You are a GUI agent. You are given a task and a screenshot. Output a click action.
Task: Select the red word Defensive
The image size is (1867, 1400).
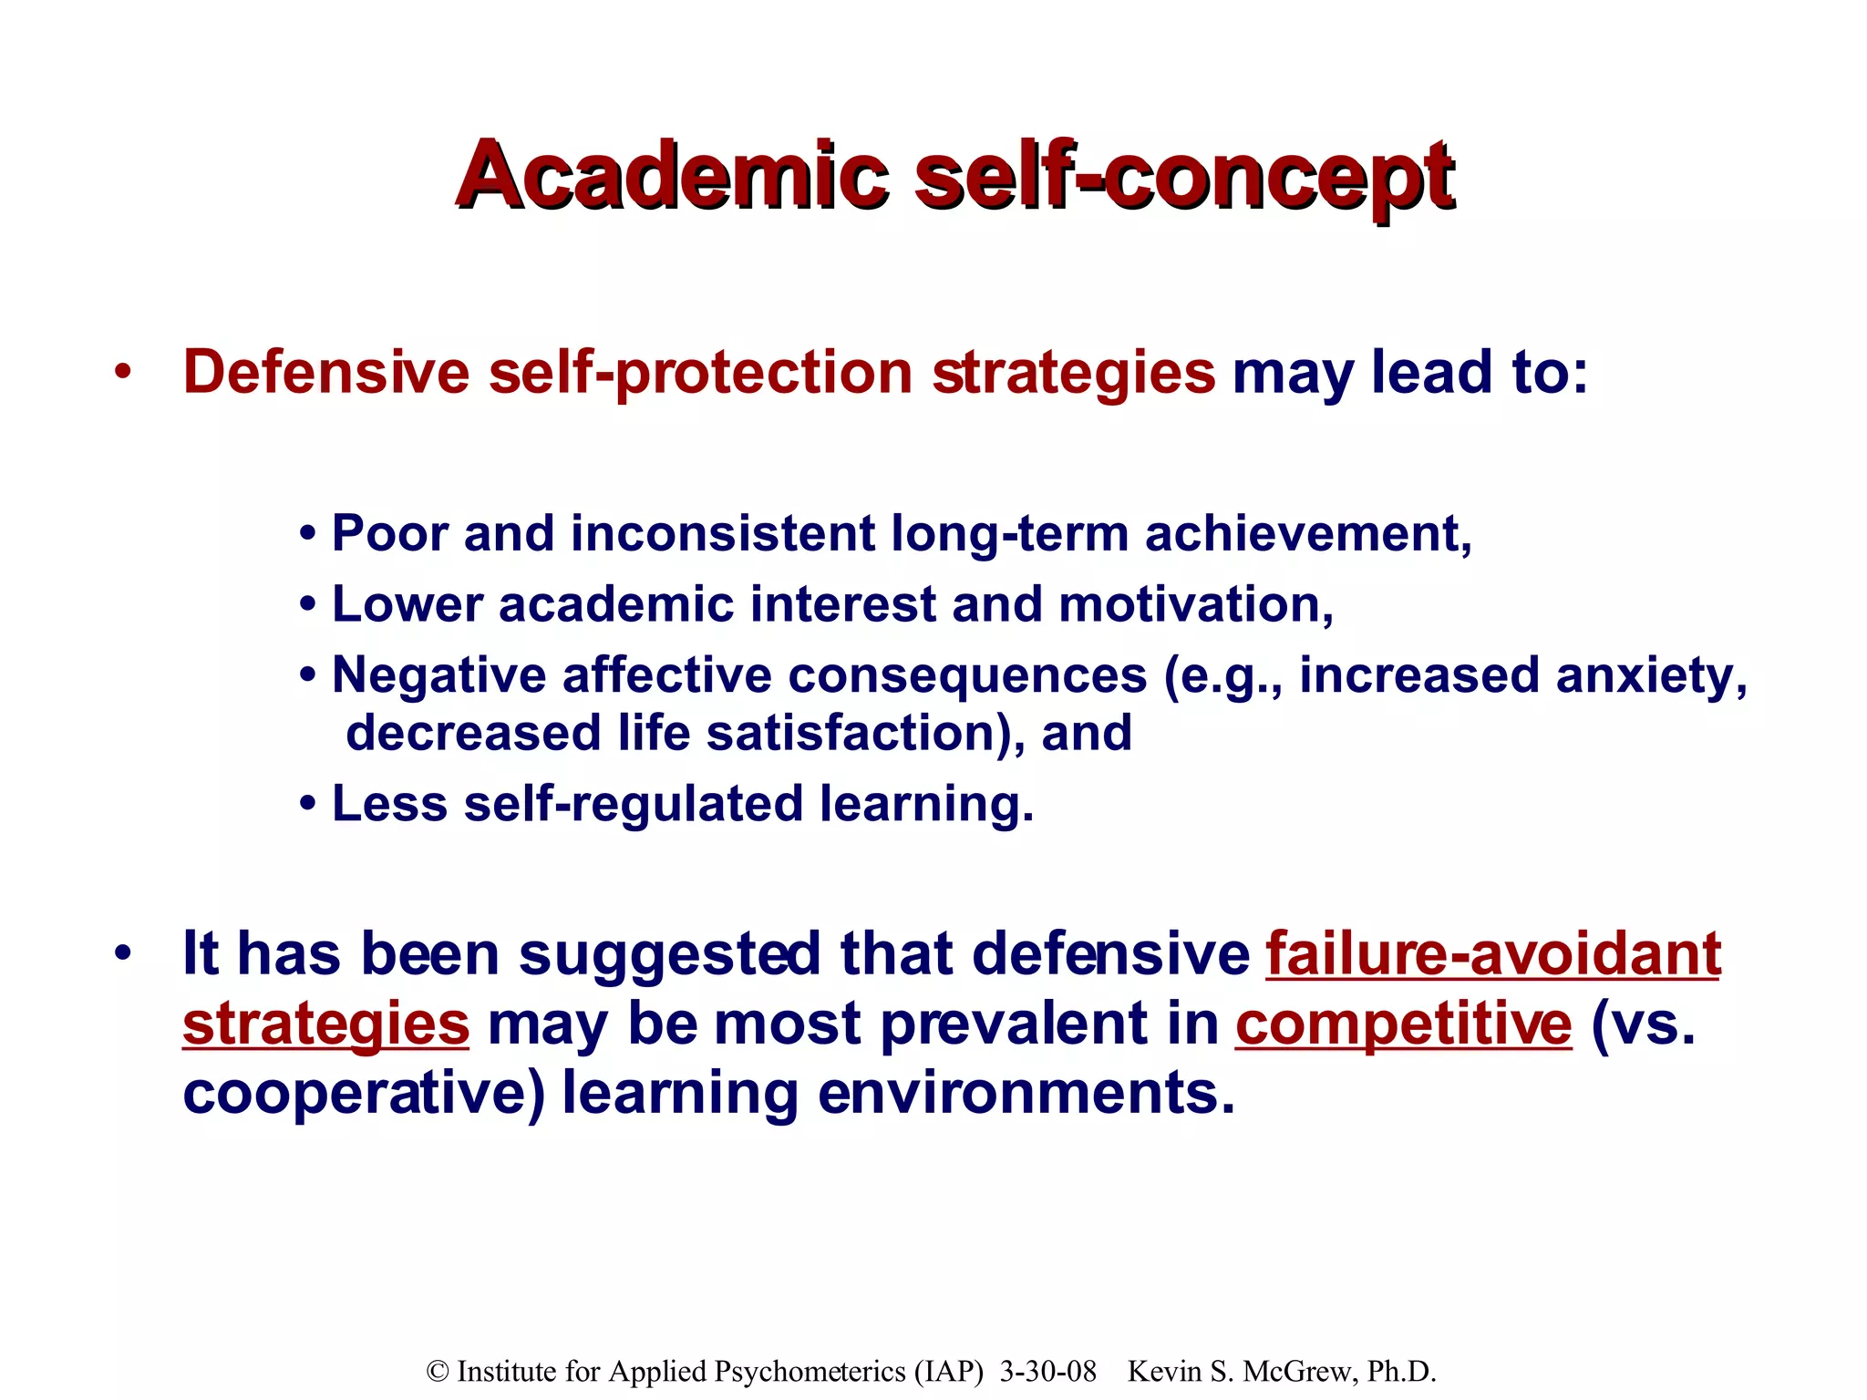tap(326, 373)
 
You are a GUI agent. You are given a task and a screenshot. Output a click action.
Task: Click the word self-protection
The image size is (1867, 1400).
tap(700, 373)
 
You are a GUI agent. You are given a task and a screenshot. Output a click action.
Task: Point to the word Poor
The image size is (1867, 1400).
tap(390, 533)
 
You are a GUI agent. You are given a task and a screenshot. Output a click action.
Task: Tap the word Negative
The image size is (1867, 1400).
tap(438, 675)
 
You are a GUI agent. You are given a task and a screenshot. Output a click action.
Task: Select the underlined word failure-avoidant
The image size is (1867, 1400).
tap(1493, 954)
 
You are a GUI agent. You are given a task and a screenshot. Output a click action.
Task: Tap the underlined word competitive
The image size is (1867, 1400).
tap(1403, 1024)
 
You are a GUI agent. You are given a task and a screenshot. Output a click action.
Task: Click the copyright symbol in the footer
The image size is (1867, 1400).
tap(438, 1372)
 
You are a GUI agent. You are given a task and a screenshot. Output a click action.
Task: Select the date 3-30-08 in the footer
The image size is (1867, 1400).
tap(1047, 1372)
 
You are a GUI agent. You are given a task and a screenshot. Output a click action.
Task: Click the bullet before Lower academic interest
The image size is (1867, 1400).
tap(308, 605)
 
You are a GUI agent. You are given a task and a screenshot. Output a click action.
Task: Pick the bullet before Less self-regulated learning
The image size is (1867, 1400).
tap(308, 805)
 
